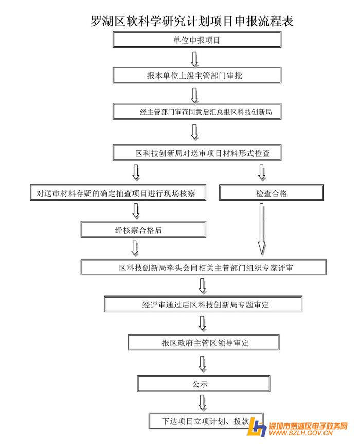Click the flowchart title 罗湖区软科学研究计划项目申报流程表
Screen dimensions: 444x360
pos(191,21)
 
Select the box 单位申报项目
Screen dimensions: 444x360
pos(197,40)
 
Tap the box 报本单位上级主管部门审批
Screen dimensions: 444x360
pos(197,76)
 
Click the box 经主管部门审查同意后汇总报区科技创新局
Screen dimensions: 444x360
pos(197,111)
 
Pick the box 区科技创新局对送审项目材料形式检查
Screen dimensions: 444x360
pos(198,153)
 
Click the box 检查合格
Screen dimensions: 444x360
pos(272,193)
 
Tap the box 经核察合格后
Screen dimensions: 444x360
pos(143,230)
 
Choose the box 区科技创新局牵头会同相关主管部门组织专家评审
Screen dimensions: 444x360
pos(204,268)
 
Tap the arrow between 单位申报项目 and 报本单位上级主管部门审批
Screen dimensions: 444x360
pos(194,58)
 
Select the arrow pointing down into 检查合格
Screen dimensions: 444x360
pos(262,173)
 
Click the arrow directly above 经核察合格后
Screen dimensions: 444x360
pos(136,211)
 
